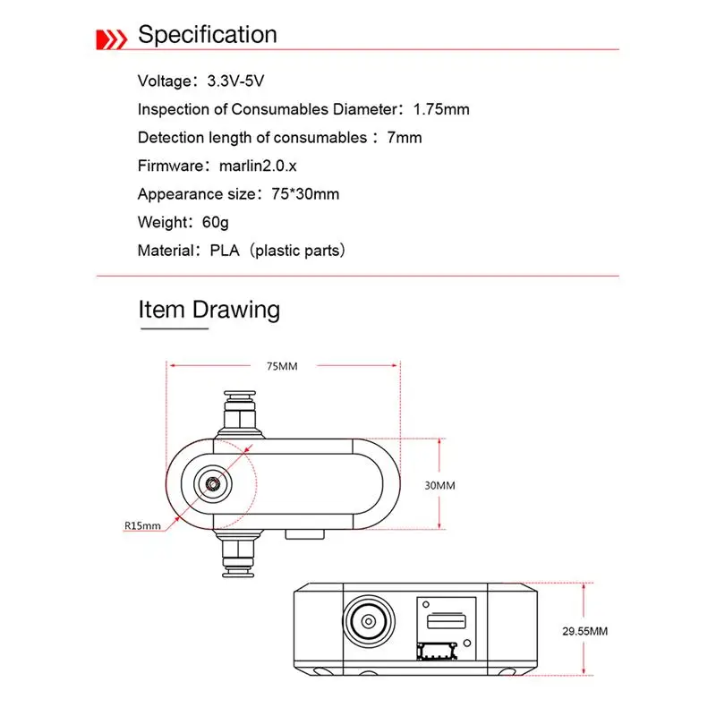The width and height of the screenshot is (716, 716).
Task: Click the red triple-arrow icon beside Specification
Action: click(111, 38)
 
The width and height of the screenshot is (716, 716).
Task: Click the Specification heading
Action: click(207, 35)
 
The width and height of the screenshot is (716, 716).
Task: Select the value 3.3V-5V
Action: click(235, 81)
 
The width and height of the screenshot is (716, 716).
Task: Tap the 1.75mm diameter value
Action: click(440, 109)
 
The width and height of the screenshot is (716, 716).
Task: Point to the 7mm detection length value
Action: click(404, 138)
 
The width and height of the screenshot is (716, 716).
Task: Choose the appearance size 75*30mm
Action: click(298, 194)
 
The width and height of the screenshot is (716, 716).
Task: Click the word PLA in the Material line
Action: click(225, 251)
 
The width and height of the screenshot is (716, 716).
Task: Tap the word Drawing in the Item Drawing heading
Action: click(236, 310)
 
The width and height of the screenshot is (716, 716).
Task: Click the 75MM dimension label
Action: click(282, 366)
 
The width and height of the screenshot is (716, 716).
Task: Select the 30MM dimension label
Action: click(439, 485)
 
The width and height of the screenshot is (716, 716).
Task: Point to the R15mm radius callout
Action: click(144, 525)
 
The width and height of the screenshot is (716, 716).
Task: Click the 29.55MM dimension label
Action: click(585, 631)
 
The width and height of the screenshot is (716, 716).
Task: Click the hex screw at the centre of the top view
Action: click(214, 484)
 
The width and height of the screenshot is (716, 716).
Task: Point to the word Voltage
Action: click(164, 81)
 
